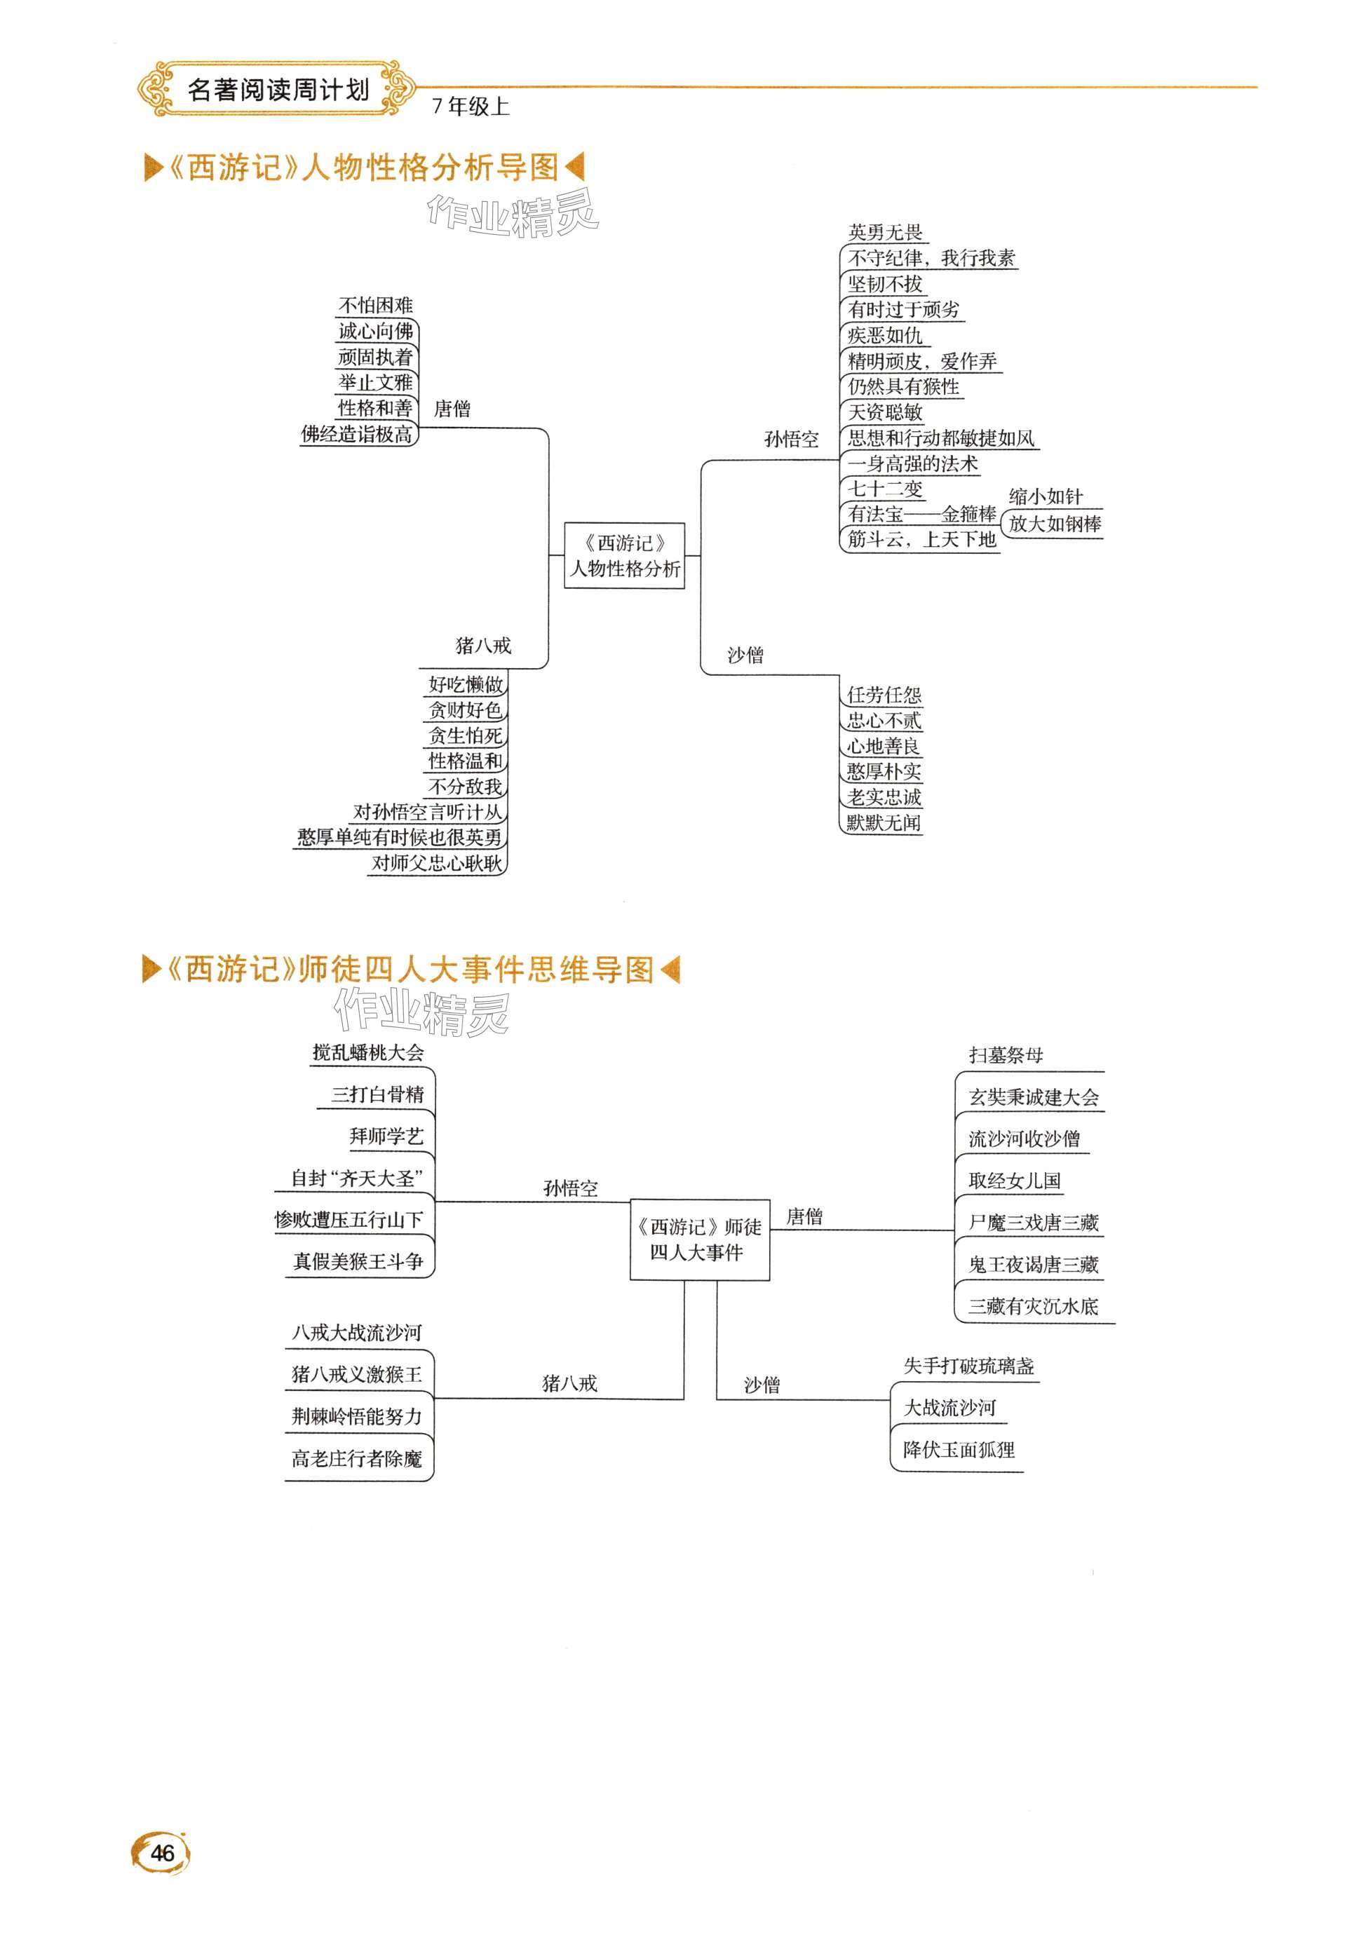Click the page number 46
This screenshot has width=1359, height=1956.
pos(162,1852)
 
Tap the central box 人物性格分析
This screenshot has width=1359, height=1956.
pos(625,556)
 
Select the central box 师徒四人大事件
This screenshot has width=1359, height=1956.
pos(699,1240)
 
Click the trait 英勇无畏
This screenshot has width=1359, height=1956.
pos(885,232)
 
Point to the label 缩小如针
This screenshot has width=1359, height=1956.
pos(1045,496)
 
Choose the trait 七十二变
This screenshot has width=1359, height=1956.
pos(885,489)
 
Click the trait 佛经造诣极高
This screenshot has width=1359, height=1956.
pos(357,434)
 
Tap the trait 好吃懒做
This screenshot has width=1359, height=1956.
pos(465,684)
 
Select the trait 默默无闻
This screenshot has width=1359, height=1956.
pos(883,822)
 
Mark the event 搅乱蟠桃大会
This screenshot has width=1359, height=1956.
pos(368,1052)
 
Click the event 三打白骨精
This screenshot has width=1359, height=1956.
pos(377,1094)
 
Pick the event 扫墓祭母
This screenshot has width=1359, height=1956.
pos(1006,1055)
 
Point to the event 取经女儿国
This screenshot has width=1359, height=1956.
pos(1014,1181)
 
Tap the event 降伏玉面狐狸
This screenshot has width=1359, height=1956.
pos(959,1450)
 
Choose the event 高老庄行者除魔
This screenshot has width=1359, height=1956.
pos(357,1459)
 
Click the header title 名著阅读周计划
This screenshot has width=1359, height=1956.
pos(278,89)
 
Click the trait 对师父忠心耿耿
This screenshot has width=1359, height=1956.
pos(437,863)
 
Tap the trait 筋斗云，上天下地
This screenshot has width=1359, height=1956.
pos(921,540)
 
